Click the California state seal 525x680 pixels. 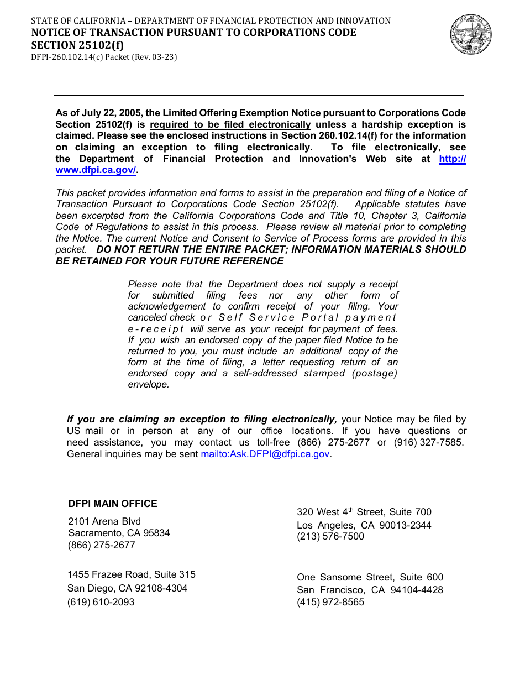(x=470, y=34)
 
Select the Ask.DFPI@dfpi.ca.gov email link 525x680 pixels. (x=265, y=454)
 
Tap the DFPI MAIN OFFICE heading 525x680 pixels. (x=113, y=504)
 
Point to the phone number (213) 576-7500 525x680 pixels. (x=330, y=536)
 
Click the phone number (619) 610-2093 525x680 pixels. (x=101, y=602)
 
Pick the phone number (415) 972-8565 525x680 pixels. (x=330, y=602)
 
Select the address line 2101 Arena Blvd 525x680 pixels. (x=104, y=521)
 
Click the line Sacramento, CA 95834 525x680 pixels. (x=119, y=533)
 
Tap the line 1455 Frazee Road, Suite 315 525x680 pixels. (x=132, y=574)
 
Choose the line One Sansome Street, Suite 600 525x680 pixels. (x=370, y=577)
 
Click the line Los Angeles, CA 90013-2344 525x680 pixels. (x=364, y=525)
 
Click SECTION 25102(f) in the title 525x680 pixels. (x=77, y=45)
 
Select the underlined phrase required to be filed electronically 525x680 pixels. (x=230, y=124)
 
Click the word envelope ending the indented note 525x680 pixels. (x=148, y=385)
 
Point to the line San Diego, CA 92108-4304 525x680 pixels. (x=127, y=588)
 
